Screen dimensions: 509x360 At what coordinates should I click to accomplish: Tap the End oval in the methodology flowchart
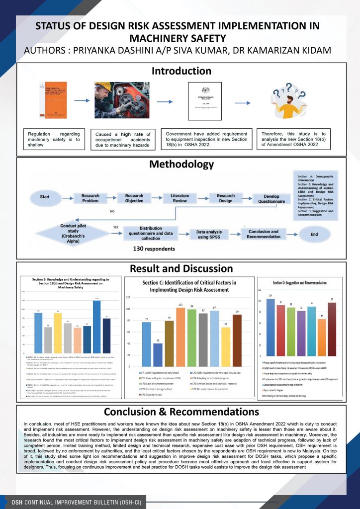[x=314, y=233]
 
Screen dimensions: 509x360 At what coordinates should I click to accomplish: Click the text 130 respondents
[x=155, y=247]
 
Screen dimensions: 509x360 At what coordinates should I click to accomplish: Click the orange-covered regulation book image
[x=53, y=101]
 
